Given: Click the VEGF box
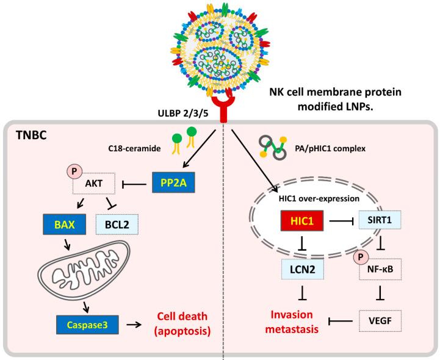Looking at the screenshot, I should (x=384, y=319).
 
